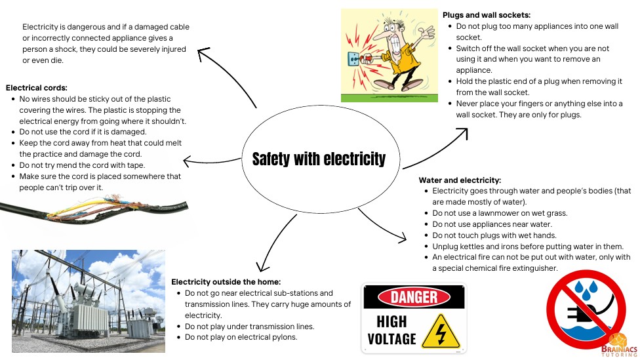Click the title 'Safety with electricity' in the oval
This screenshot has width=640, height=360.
coord(319,159)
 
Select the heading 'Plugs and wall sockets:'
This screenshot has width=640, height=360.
coord(487,15)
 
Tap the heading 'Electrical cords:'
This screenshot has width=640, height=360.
coord(36,88)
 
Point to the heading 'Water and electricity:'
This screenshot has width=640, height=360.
coord(460,180)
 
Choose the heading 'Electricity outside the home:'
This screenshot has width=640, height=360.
coord(226,281)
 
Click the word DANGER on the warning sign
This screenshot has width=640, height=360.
coord(414,297)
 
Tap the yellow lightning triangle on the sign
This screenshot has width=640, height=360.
coord(441,332)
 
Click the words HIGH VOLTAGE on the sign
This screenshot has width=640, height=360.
coord(391,330)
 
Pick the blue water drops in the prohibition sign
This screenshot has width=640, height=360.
coord(586,289)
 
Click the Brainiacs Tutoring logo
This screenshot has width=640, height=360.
coord(619,346)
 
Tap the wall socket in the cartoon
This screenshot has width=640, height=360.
coord(353,59)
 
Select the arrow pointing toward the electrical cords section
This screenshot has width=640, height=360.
coord(212,161)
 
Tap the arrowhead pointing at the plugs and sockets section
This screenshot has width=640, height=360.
coord(463,132)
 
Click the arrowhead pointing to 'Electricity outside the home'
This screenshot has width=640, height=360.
coord(262,267)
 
